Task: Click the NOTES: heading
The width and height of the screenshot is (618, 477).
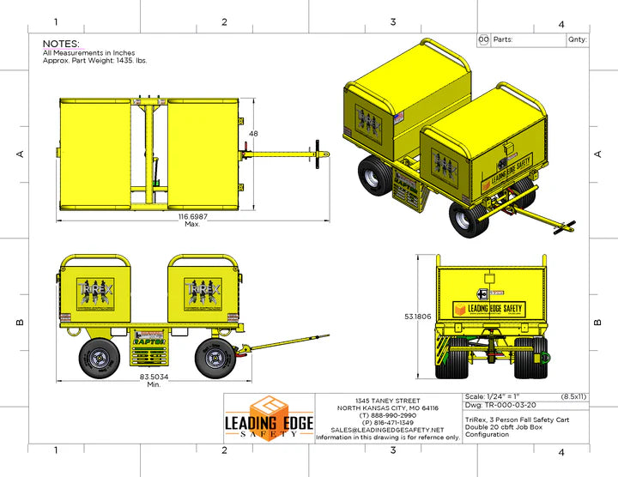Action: pyautogui.click(x=61, y=44)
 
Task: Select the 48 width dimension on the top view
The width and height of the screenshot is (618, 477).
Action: pyautogui.click(x=253, y=134)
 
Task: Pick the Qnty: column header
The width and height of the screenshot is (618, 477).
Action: pyautogui.click(x=577, y=39)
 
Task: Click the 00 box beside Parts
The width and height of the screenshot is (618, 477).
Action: pyautogui.click(x=483, y=39)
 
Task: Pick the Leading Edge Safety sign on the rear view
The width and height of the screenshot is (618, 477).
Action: pyautogui.click(x=489, y=308)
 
